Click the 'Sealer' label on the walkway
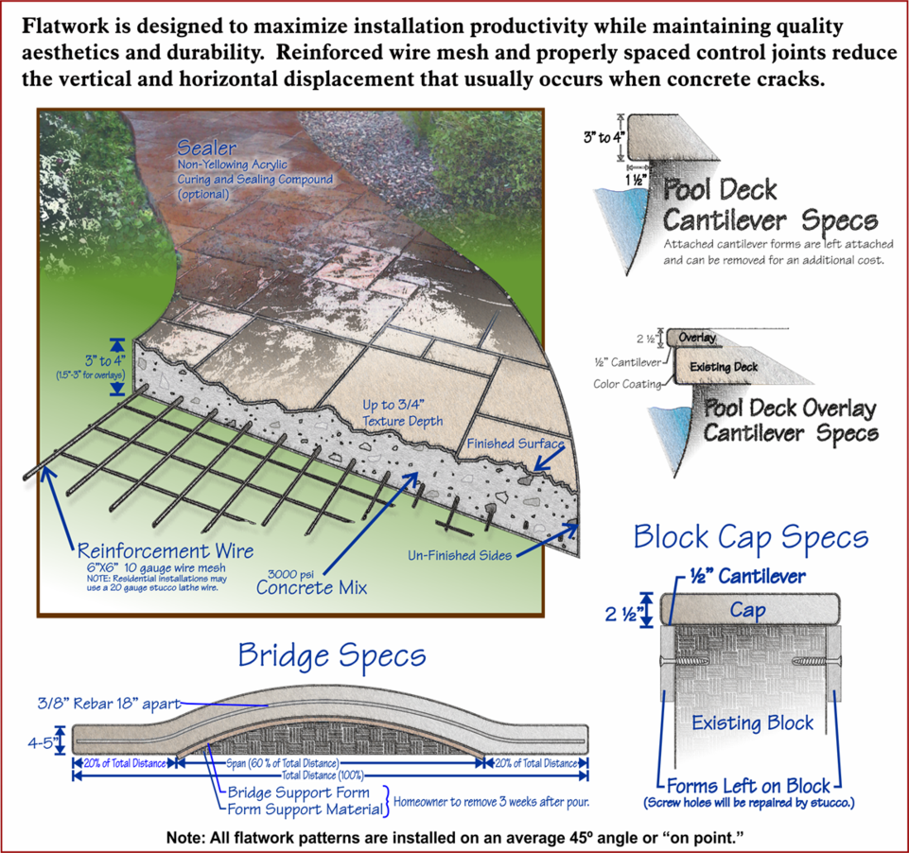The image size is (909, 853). click(206, 148)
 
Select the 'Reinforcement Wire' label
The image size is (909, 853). click(166, 550)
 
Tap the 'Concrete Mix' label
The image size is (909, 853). click(311, 587)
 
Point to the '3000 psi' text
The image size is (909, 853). click(290, 574)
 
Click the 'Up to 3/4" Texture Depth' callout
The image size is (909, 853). click(402, 412)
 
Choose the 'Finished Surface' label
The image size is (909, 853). click(516, 444)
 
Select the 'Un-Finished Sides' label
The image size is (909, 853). click(460, 555)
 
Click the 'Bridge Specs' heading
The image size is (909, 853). click(332, 656)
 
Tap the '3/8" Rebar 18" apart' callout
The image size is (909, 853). click(109, 704)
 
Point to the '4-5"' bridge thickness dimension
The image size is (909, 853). click(41, 742)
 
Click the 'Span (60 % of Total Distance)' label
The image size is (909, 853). click(282, 763)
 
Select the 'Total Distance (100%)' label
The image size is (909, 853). click(323, 775)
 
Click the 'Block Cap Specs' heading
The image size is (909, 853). click(751, 536)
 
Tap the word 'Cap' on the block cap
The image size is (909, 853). click(747, 610)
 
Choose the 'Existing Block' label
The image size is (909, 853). click(753, 722)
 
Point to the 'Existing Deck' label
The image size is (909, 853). click(724, 367)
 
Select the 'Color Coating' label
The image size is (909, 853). click(627, 384)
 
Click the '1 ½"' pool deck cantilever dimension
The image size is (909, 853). click(636, 180)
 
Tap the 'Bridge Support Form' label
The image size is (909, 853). click(298, 792)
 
